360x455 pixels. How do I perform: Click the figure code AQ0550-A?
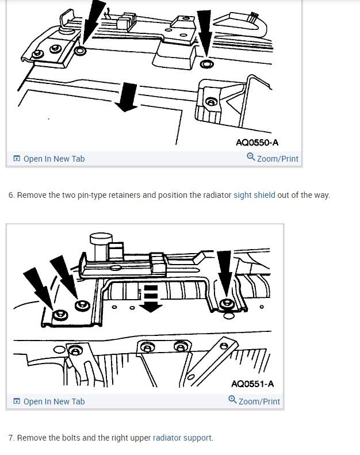(257, 143)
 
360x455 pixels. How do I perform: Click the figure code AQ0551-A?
(252, 384)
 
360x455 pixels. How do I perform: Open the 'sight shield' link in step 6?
(254, 195)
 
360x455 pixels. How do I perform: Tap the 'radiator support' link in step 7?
(182, 438)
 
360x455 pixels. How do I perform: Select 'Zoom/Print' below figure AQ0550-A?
(273, 158)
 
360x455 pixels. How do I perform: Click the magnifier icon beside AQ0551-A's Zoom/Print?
(232, 400)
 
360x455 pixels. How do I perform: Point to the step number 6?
(11, 195)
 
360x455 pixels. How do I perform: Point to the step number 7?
(11, 438)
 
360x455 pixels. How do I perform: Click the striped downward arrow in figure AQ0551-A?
(151, 298)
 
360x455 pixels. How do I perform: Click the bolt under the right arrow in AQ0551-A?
(228, 304)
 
